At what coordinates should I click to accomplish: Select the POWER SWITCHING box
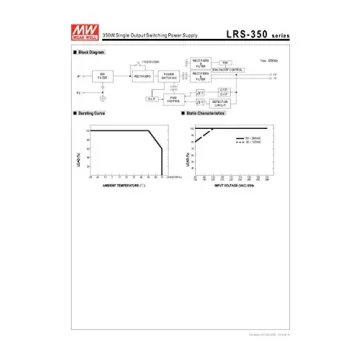click(x=174, y=76)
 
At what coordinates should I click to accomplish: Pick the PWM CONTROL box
click(x=174, y=99)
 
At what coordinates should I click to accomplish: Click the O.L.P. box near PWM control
click(x=151, y=99)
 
